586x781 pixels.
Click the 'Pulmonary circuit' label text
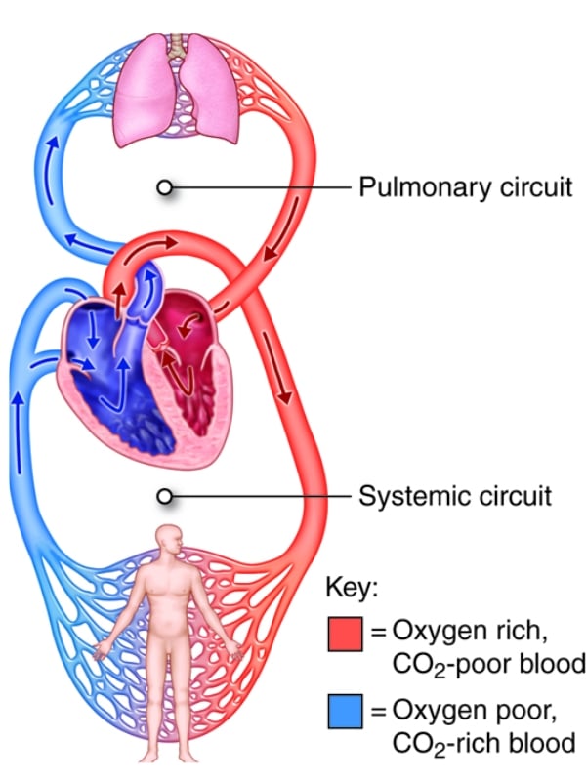(x=465, y=186)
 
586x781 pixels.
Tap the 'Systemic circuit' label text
(x=454, y=496)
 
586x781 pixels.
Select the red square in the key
(x=346, y=635)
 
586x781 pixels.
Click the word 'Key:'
(x=351, y=589)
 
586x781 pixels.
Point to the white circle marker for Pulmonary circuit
(x=166, y=186)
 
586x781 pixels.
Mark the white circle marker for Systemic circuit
(x=166, y=496)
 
